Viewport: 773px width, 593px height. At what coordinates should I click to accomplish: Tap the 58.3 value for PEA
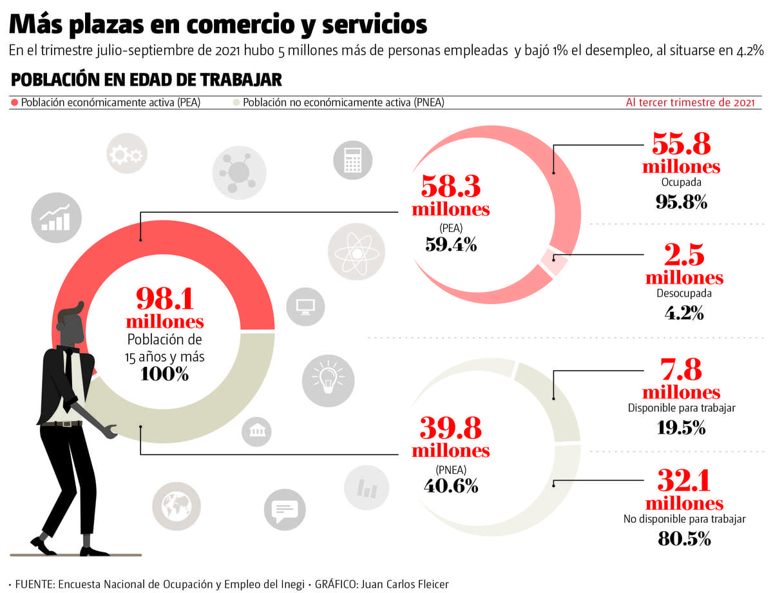coord(451,187)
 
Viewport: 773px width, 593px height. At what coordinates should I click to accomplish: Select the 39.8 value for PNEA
coord(450,428)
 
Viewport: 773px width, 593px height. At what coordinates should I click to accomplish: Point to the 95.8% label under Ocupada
coord(682,202)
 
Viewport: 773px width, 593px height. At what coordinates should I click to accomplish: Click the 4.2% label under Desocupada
coord(683,314)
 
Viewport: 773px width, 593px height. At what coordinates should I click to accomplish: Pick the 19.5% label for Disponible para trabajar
coord(682,427)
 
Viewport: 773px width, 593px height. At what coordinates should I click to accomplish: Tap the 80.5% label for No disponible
coord(684,538)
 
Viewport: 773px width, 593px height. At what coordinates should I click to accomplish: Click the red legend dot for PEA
coord(14,102)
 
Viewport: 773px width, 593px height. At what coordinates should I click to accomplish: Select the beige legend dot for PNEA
coord(236,102)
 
